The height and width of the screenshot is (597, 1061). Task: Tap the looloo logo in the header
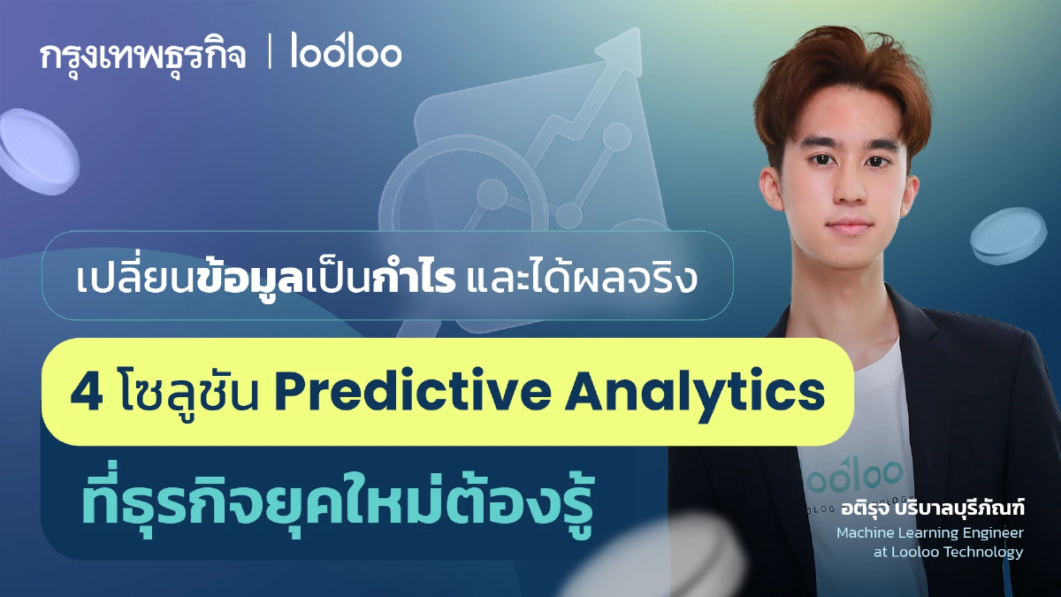coord(347,54)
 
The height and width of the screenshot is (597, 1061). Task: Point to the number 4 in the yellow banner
coord(86,393)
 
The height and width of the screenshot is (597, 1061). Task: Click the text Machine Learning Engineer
coord(929,532)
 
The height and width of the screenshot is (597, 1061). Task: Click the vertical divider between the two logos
coord(270,54)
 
